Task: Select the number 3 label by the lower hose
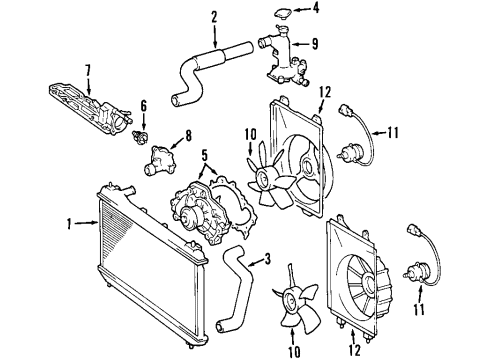(267, 259)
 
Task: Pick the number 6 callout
(143, 105)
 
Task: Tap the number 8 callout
(186, 134)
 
